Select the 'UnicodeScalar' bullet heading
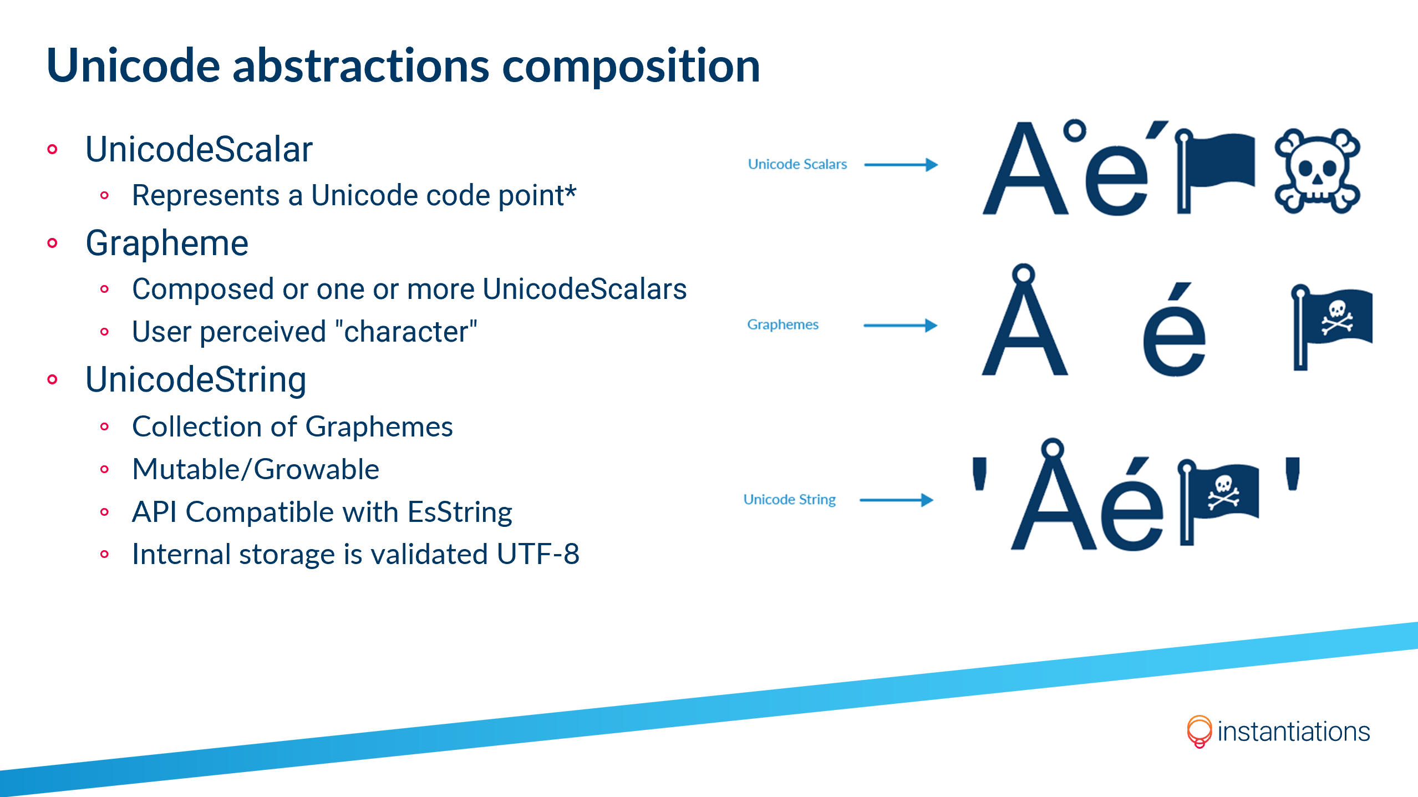click(x=199, y=150)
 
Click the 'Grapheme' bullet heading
click(x=167, y=243)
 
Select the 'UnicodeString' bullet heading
click(x=196, y=380)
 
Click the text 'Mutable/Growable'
click(x=256, y=469)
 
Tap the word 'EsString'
click(x=460, y=512)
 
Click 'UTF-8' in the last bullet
click(x=538, y=554)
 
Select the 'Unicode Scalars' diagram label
click(x=797, y=164)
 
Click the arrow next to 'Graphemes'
click(x=900, y=325)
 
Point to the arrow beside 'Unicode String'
click(x=896, y=500)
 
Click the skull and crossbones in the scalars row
click(x=1317, y=171)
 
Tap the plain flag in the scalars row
click(x=1214, y=169)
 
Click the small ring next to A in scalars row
click(x=1075, y=131)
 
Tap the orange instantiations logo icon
click(x=1199, y=731)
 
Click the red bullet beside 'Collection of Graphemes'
click(x=104, y=427)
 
